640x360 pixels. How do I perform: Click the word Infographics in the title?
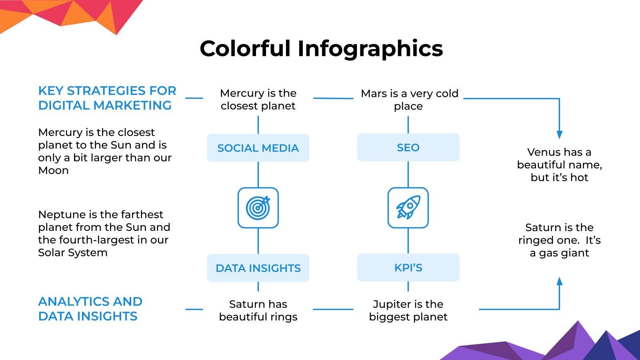tap(370, 49)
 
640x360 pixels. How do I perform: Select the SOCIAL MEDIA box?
tap(258, 148)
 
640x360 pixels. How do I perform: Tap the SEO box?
tap(408, 148)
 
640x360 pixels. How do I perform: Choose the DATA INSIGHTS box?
tap(258, 268)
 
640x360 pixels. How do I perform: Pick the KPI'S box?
tap(408, 268)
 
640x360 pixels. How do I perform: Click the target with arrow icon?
tap(258, 208)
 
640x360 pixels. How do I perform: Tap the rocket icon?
tap(408, 208)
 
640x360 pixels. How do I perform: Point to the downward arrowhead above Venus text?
tap(559, 135)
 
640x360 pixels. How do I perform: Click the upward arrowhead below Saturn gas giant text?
tap(559, 281)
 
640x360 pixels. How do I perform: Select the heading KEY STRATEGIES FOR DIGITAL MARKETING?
tap(107, 98)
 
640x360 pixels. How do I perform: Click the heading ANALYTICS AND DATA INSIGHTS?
tap(90, 309)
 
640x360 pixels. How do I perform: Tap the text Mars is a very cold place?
tap(409, 100)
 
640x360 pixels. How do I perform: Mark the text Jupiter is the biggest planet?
tap(408, 310)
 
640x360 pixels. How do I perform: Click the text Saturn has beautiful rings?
tap(258, 310)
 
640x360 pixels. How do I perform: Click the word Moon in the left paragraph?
tap(53, 170)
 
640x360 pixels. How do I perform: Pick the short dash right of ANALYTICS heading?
tap(194, 309)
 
